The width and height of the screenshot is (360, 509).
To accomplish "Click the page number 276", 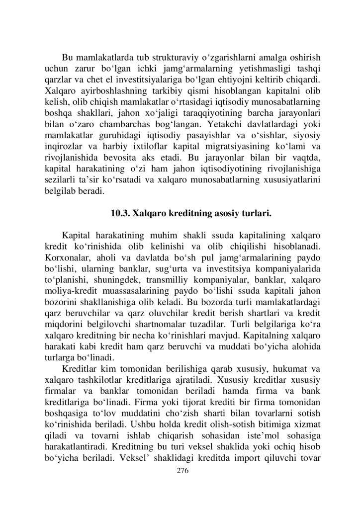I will tap(180, 471).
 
